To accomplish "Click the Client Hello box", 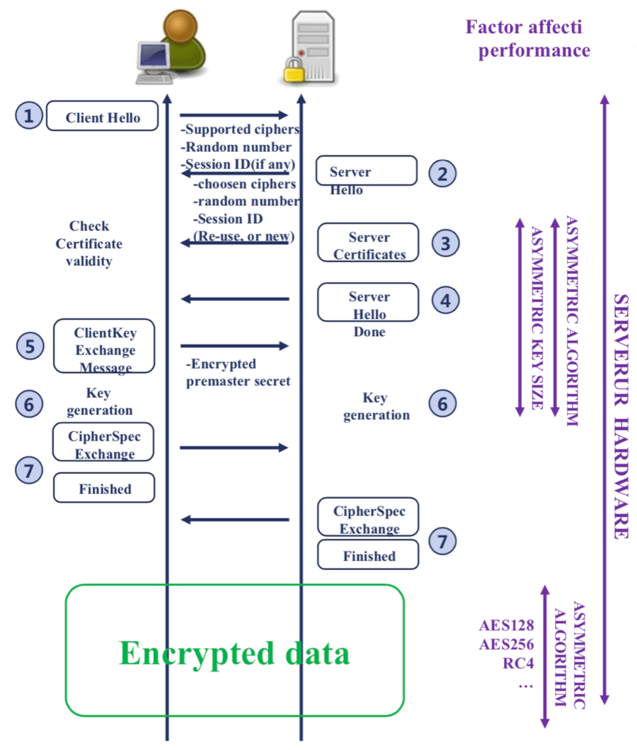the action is point(103,116).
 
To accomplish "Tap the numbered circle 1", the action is point(28,116).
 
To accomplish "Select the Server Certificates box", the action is point(369,243).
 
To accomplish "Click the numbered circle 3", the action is point(445,243).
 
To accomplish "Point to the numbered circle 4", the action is point(445,300).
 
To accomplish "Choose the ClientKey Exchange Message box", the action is point(104,346).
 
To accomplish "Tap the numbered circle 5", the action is point(30,346).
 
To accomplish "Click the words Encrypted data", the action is point(234,653).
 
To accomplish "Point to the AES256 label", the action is point(507,644).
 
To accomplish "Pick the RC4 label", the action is point(518,663).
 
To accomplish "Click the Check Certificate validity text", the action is point(89,243).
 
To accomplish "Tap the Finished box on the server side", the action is point(369,555).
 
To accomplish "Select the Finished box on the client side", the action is point(104,488).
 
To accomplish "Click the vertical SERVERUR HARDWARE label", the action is point(621,416).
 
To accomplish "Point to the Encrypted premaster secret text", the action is point(237,372).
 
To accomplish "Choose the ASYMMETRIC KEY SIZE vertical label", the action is point(538,318).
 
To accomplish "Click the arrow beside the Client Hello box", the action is point(234,115).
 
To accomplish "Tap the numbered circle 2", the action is point(443,174).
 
